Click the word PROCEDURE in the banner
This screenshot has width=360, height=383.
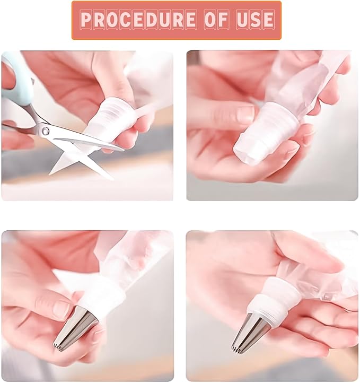[138, 19]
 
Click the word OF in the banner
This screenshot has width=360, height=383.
[216, 19]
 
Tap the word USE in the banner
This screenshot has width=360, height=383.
[255, 19]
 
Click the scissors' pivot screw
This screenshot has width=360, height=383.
[45, 130]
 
